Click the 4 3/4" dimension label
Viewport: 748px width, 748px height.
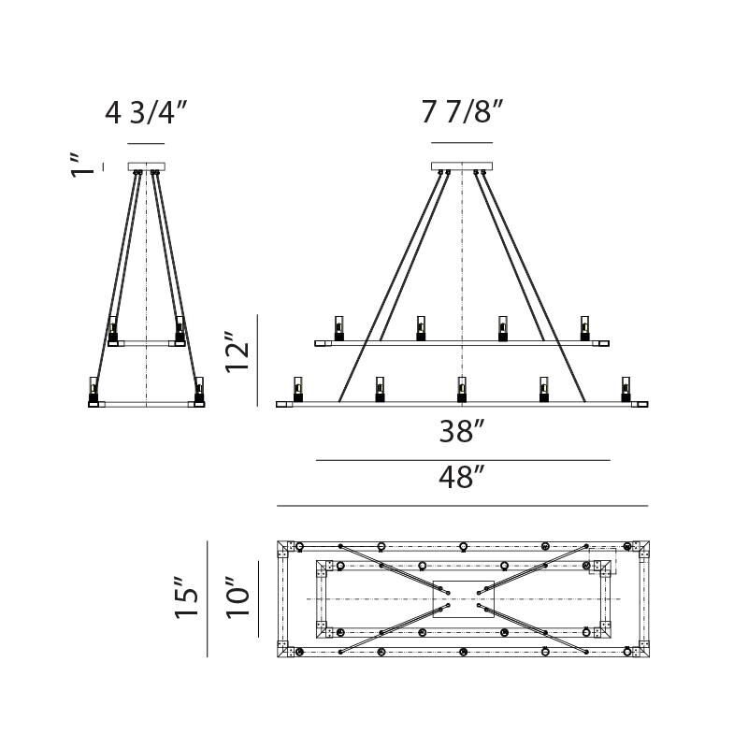(x=146, y=113)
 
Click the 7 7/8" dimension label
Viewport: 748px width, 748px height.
(x=462, y=113)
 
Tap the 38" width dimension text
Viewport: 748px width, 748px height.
(x=462, y=432)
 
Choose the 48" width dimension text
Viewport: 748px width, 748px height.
(x=462, y=478)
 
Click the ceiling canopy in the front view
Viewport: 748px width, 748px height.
(x=462, y=166)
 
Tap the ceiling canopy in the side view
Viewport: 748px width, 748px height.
(x=147, y=166)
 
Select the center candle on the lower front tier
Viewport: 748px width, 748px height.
(x=462, y=388)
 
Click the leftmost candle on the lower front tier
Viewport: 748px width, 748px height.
(x=298, y=388)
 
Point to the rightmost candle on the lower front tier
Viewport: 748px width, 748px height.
(x=626, y=388)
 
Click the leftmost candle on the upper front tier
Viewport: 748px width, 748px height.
(x=339, y=327)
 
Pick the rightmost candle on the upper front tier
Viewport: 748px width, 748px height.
(x=585, y=327)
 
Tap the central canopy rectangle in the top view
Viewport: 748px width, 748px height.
(x=462, y=598)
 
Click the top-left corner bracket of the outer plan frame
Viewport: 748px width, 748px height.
(x=285, y=547)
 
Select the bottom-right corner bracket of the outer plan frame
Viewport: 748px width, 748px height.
(x=640, y=650)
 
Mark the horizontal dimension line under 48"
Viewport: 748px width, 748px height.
(x=462, y=506)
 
